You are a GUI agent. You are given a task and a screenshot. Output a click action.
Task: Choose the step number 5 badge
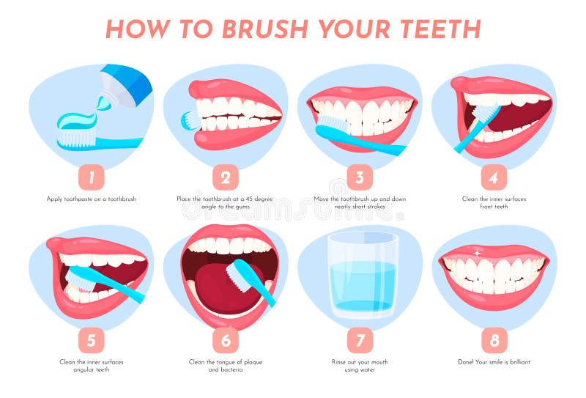coord(92,340)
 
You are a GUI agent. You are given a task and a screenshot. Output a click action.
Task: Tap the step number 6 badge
coord(226,340)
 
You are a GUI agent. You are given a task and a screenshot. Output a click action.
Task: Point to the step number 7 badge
coord(360,340)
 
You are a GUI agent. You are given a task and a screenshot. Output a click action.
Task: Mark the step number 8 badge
coord(494,340)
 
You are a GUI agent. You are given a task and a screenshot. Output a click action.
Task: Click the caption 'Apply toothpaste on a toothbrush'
coord(92,199)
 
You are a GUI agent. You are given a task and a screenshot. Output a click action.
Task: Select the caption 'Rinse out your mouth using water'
coord(360,366)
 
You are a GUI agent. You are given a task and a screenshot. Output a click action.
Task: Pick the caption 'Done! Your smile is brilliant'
coord(494,362)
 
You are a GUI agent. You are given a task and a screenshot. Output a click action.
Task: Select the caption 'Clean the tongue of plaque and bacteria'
coord(226,366)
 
